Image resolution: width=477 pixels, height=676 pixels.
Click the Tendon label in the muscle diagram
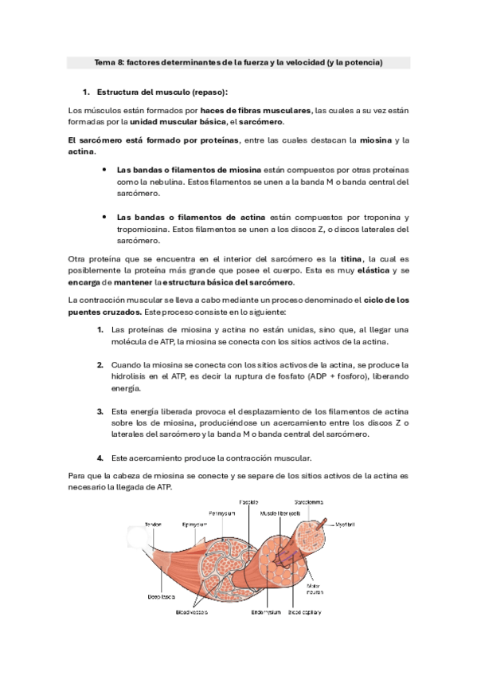(153, 524)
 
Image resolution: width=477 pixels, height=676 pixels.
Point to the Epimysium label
(194, 524)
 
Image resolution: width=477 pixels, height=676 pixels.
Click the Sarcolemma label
(308, 501)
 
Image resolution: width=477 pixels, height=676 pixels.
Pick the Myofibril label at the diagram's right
(344, 524)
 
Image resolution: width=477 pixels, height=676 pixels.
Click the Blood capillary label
(305, 612)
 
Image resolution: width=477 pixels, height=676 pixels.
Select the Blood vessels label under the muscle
(191, 612)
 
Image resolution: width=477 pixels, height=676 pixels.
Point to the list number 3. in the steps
(100, 411)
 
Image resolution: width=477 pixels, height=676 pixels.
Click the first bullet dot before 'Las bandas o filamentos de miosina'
(104, 169)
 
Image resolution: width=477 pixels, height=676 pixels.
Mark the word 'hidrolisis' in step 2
(130, 376)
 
